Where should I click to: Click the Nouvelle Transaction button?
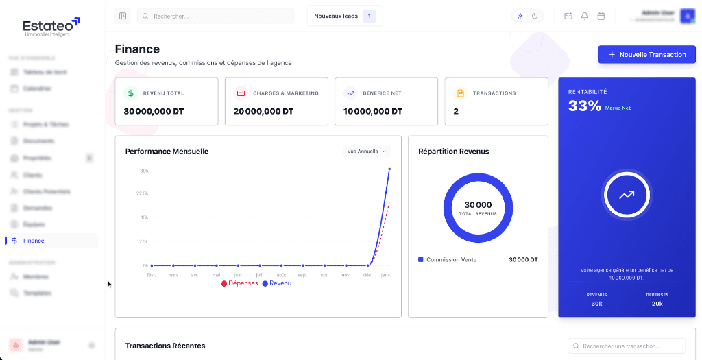click(646, 55)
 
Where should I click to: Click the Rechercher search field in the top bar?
click(215, 16)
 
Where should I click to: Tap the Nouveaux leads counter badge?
click(369, 16)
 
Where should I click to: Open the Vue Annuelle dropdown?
click(366, 152)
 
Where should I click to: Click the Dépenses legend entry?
click(239, 283)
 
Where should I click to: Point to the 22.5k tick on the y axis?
click(144, 193)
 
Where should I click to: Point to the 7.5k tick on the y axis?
click(144, 241)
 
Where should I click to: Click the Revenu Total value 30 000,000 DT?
click(154, 111)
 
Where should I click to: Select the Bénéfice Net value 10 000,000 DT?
click(373, 111)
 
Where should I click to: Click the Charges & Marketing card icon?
click(241, 93)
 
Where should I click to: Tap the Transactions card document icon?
click(460, 93)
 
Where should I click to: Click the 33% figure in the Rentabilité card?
click(585, 106)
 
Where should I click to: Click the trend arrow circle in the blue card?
click(627, 195)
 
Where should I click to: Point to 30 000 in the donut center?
click(478, 204)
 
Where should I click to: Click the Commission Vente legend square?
click(421, 260)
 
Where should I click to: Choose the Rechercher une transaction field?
click(627, 346)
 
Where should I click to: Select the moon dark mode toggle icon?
click(535, 16)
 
